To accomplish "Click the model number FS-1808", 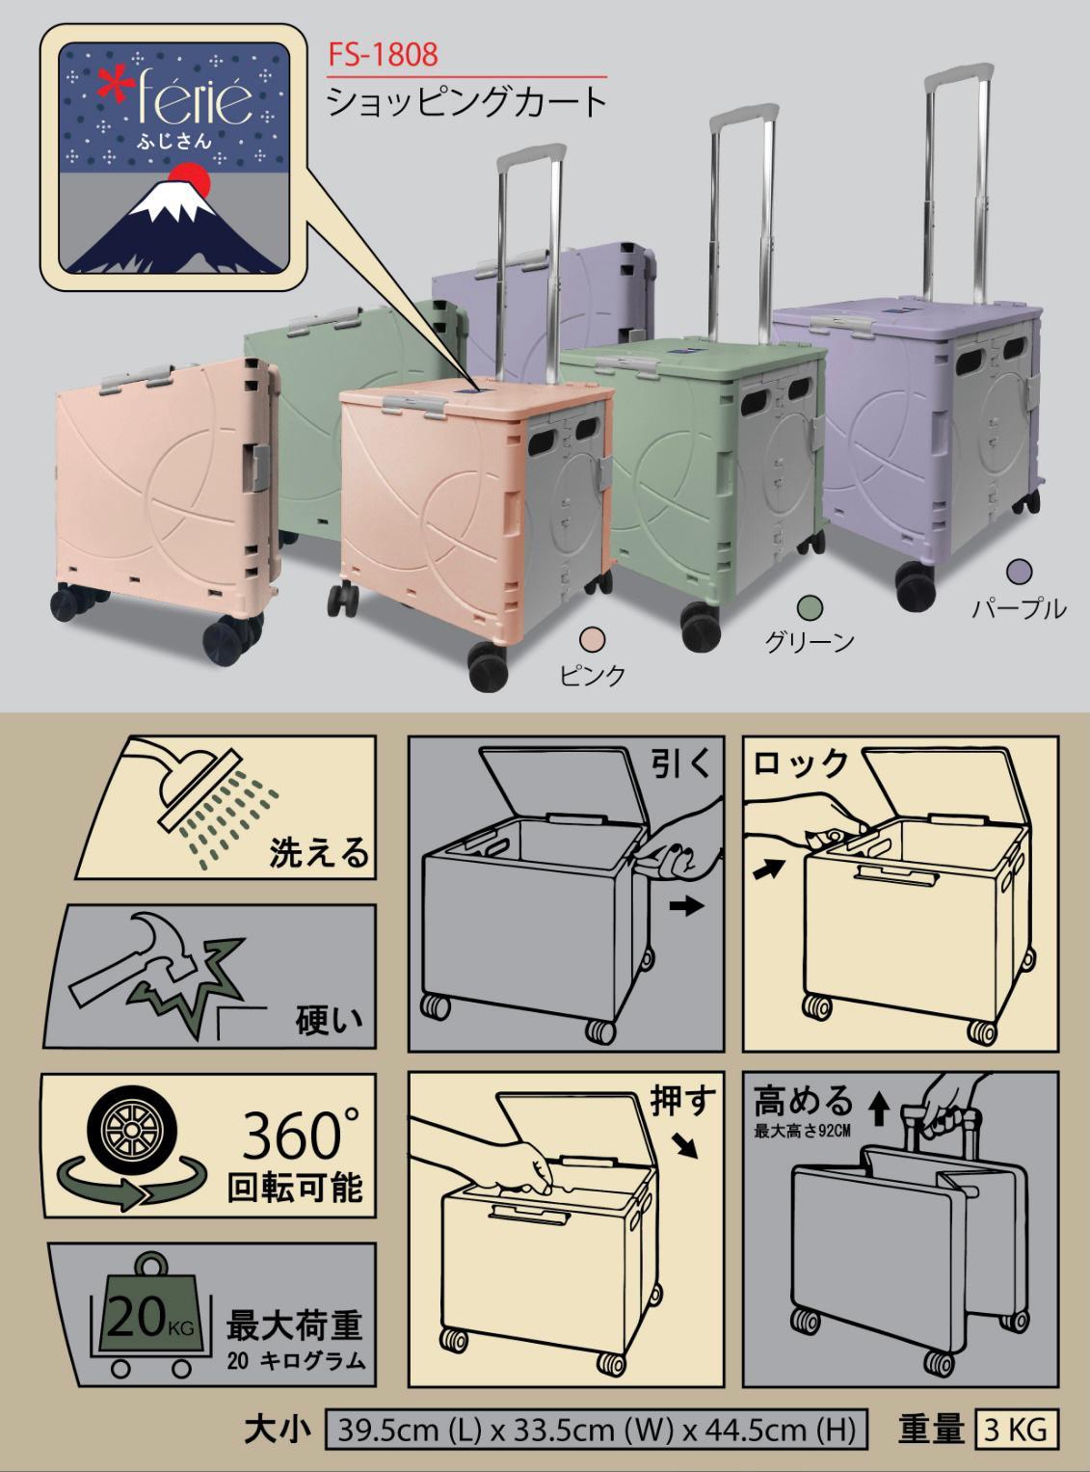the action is pyautogui.click(x=384, y=54).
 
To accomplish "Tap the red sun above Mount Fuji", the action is pyautogui.click(x=188, y=179).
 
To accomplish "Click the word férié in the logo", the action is pyautogui.click(x=195, y=102).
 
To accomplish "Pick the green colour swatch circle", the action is pyautogui.click(x=810, y=606).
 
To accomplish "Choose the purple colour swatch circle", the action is pyautogui.click(x=1019, y=572).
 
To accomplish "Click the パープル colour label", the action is pyautogui.click(x=1019, y=609).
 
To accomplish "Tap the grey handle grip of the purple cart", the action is pyautogui.click(x=959, y=71).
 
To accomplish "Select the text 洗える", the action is pyautogui.click(x=318, y=853).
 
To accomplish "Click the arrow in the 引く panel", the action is pyautogui.click(x=685, y=906).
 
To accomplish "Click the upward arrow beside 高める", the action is pyautogui.click(x=879, y=1111).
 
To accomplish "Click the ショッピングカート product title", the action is pyautogui.click(x=467, y=102).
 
